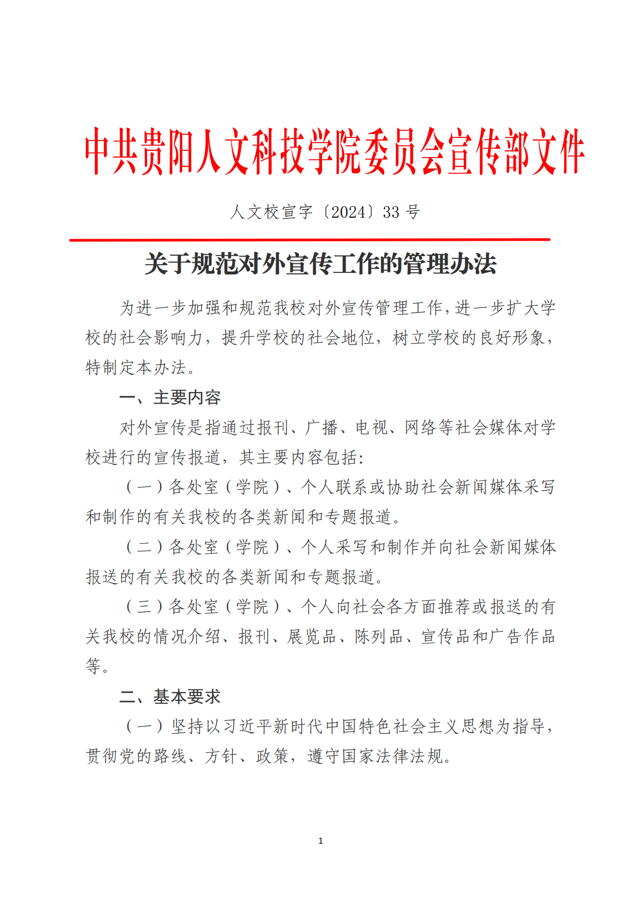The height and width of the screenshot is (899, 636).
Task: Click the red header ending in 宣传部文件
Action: coord(335,151)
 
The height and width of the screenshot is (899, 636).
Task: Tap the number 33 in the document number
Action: coord(391,212)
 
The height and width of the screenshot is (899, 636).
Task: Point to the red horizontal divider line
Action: coord(310,239)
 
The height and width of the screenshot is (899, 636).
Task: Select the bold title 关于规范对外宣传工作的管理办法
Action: coord(320,264)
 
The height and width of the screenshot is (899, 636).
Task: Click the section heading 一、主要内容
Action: coord(170,397)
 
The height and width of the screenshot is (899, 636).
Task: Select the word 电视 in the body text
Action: coord(372,427)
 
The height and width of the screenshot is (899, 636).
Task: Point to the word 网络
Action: coord(421,427)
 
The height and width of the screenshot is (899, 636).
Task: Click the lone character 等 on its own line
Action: coord(93,666)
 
